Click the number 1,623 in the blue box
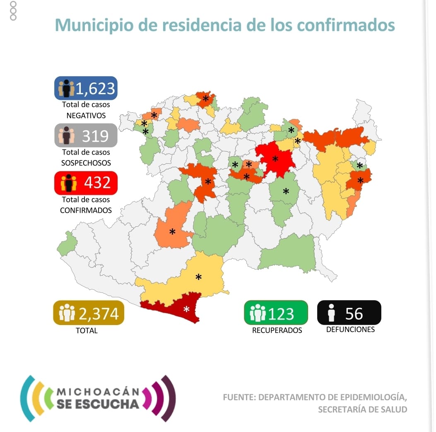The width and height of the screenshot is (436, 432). click(x=95, y=88)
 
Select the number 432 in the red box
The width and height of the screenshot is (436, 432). click(x=97, y=182)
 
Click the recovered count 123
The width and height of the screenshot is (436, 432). click(x=281, y=313)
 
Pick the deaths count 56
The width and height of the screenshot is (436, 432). click(x=354, y=313)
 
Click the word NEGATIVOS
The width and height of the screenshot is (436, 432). click(x=86, y=116)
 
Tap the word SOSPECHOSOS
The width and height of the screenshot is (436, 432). click(x=86, y=163)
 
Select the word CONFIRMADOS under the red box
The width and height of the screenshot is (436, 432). click(x=86, y=210)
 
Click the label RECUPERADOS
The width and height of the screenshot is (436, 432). click(x=277, y=330)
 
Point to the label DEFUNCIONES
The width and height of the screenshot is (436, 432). click(x=350, y=330)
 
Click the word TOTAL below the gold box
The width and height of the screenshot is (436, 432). click(x=87, y=330)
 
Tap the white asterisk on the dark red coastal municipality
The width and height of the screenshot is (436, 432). click(x=186, y=309)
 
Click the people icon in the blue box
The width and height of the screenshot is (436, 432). click(x=66, y=88)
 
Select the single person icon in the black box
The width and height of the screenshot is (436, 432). click(x=331, y=313)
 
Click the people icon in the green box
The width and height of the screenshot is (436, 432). click(x=258, y=313)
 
